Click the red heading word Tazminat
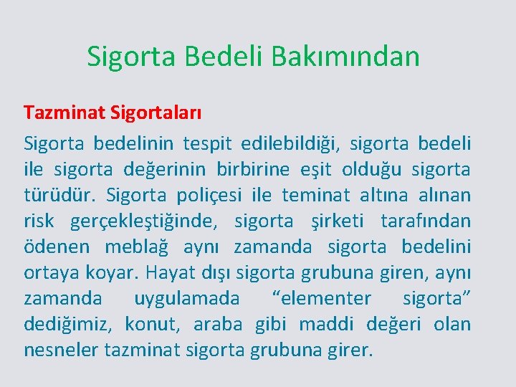(x=64, y=113)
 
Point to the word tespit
(x=207, y=143)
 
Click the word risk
(x=39, y=221)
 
